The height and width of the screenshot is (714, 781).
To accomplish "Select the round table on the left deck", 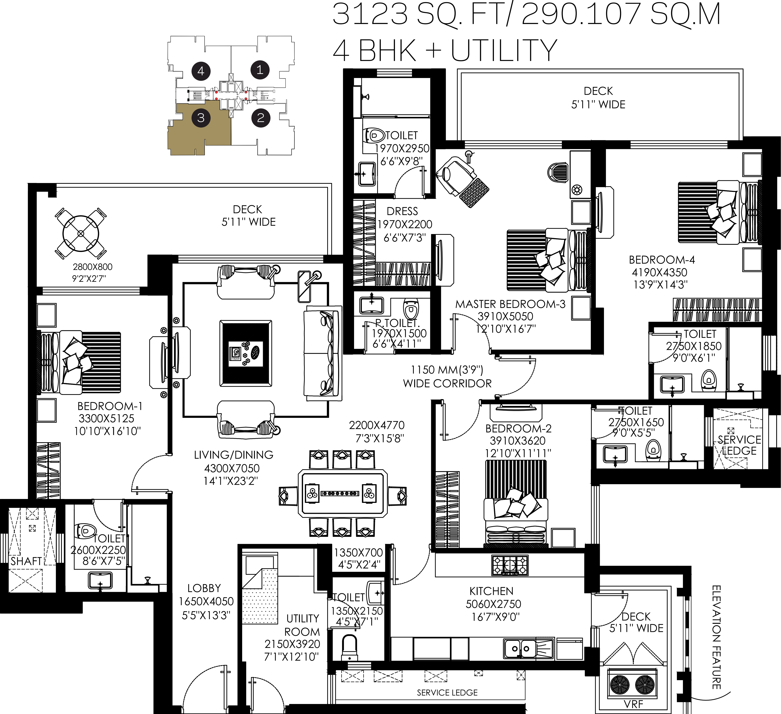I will tap(81, 234).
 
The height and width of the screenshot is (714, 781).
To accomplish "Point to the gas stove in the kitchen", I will tap(510, 565).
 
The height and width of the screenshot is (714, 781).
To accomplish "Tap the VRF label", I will tap(634, 703).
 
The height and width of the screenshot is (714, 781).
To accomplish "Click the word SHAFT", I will tap(26, 561).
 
